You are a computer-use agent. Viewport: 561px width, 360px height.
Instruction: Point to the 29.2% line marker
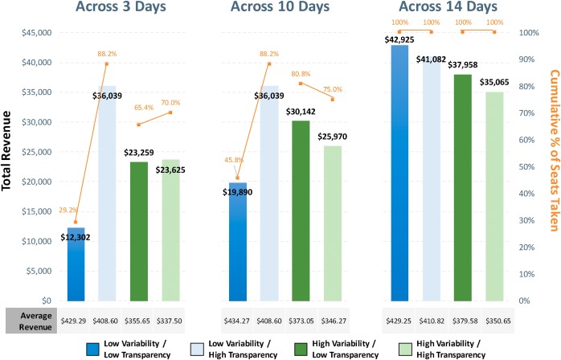pyautogui.click(x=76, y=223)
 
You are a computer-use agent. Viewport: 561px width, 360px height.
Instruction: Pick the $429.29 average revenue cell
pyautogui.click(x=75, y=319)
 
